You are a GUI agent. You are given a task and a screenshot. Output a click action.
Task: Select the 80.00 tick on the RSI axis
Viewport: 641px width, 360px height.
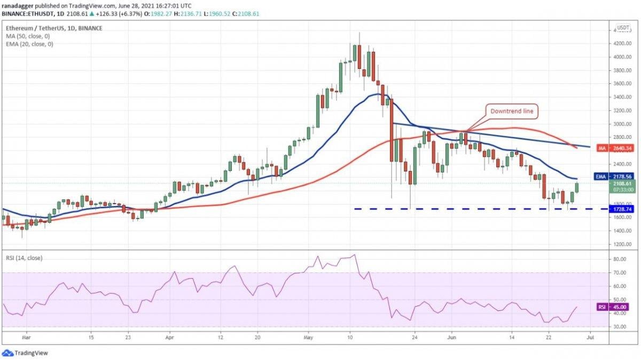pyautogui.click(x=619, y=259)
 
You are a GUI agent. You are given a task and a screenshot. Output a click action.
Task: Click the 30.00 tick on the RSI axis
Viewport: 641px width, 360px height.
pyautogui.click(x=619, y=327)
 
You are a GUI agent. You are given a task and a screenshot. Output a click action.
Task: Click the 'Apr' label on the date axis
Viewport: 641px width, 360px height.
pyautogui.click(x=170, y=338)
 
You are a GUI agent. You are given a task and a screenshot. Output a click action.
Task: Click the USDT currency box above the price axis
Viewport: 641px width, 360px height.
pyautogui.click(x=622, y=28)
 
